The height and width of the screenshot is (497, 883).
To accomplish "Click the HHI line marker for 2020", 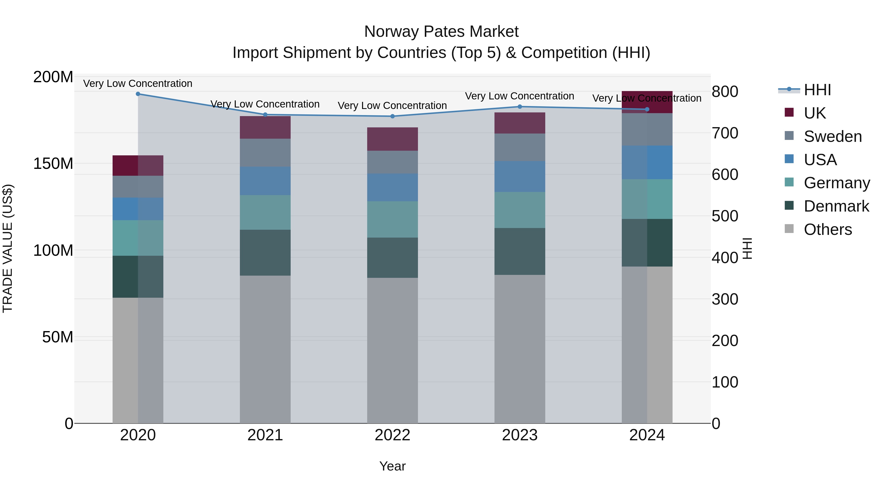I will point(138,94).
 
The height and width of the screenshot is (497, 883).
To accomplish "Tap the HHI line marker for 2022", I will point(392,116).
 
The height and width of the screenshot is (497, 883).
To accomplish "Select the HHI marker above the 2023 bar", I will point(520,107).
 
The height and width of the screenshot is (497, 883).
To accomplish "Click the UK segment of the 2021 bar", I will point(265,128).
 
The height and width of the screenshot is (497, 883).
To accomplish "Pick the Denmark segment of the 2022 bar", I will point(392,258).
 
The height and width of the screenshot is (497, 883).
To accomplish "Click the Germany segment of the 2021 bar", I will point(265,212).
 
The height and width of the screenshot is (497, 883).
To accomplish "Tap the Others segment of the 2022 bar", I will point(392,350).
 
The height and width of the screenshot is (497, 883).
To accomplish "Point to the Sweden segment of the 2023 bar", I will point(520,147).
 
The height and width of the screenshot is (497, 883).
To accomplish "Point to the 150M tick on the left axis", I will point(53,164).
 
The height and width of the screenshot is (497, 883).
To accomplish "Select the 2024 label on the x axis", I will point(647,435).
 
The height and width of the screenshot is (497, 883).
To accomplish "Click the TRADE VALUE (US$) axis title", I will point(8,248).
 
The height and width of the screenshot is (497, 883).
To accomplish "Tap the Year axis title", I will point(392,466).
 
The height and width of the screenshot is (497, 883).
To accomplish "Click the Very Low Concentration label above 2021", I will point(265,104).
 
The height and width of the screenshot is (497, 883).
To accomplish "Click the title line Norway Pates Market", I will point(441,32).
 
